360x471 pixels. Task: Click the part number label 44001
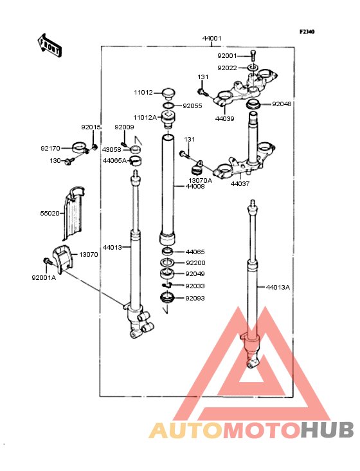212,39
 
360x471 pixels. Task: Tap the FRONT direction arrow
50,45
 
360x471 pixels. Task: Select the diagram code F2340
307,32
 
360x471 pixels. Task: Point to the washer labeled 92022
253,68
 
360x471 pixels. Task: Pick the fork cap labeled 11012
168,93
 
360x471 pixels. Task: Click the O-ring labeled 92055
168,106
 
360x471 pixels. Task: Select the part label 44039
225,118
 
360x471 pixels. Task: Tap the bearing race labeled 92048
253,104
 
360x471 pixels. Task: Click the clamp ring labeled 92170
80,147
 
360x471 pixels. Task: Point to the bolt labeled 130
69,162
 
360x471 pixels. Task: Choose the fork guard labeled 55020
73,213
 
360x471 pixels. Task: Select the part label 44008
195,186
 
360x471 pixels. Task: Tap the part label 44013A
278,288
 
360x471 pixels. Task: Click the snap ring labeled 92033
166,285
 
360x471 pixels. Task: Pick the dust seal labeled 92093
167,298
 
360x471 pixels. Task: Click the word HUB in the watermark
328,430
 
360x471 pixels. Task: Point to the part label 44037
240,183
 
